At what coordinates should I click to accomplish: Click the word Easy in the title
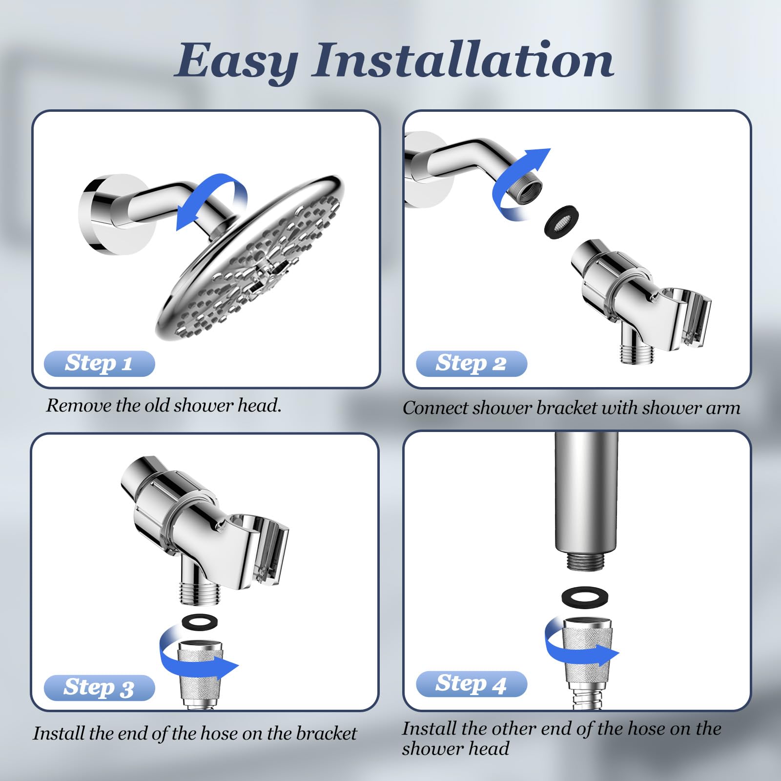pos(236,62)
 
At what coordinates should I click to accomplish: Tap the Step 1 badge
pos(99,363)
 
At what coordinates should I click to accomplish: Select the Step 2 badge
pos(472,363)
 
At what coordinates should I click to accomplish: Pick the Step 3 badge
pos(99,687)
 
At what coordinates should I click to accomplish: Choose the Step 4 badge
pos(472,683)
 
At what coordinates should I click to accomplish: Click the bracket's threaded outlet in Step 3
pos(200,592)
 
